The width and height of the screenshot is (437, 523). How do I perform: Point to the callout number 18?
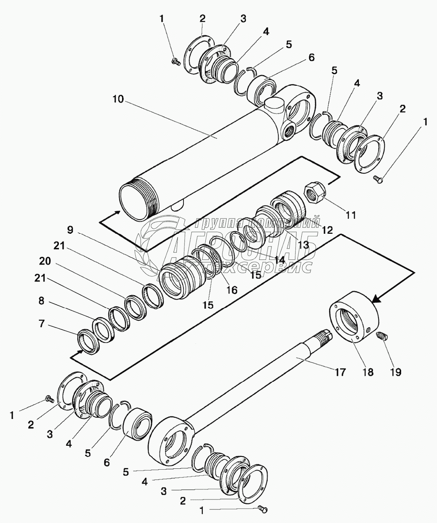click(367, 372)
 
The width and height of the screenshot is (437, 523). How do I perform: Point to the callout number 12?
click(327, 230)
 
